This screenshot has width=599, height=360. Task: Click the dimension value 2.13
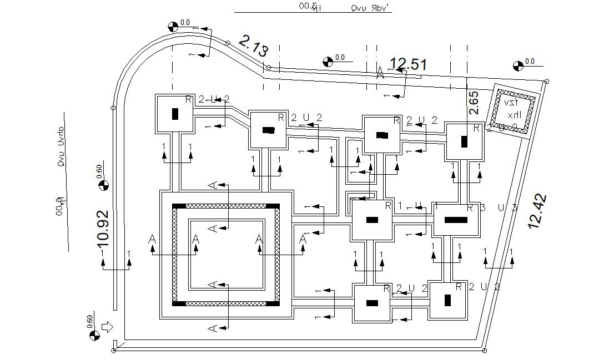pyautogui.click(x=254, y=46)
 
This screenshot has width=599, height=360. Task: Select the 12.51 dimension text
pyautogui.click(x=408, y=64)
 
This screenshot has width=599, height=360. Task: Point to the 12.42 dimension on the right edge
pyautogui.click(x=537, y=211)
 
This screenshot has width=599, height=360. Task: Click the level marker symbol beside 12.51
pyautogui.click(x=328, y=61)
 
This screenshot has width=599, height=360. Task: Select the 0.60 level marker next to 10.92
pyautogui.click(x=103, y=185)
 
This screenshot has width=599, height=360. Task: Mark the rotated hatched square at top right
pyautogui.click(x=510, y=111)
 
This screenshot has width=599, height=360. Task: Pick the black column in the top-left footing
pyautogui.click(x=175, y=114)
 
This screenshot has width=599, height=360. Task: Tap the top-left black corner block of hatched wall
pyautogui.click(x=179, y=206)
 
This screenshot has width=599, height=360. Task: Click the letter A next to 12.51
pyautogui.click(x=380, y=73)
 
